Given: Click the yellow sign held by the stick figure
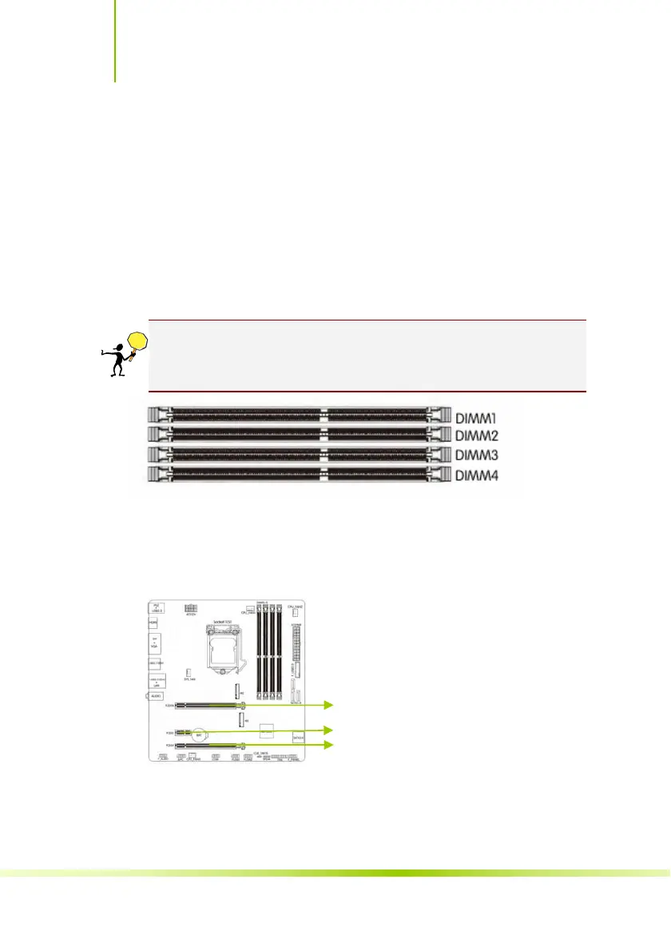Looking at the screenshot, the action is pos(138,340).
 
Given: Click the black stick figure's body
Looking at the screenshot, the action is pos(117,360).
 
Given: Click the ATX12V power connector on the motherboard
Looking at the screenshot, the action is pos(190,607).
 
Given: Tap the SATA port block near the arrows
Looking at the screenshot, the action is pos(299,737).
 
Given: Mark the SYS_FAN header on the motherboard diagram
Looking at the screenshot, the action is pos(189,673).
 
